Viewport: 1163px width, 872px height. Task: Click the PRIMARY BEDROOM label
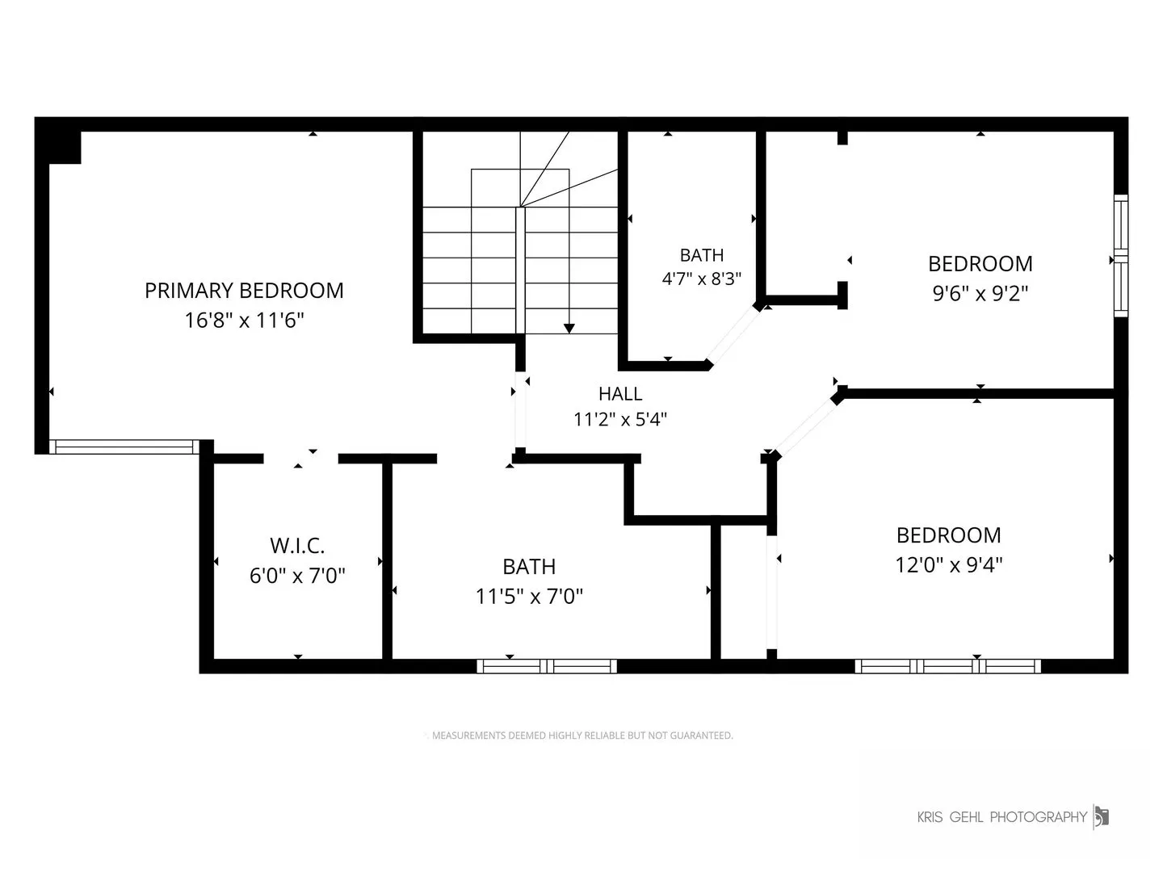pyautogui.click(x=244, y=290)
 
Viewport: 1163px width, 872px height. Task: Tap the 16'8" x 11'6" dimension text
pyautogui.click(x=244, y=320)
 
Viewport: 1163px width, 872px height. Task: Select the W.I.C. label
pyautogui.click(x=297, y=545)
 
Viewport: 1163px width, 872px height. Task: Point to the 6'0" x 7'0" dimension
pyautogui.click(x=297, y=575)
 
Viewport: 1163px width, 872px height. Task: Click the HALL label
pyautogui.click(x=620, y=393)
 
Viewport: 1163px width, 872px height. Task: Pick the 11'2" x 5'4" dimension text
pyautogui.click(x=620, y=419)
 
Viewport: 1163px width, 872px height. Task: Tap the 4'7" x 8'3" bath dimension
pyautogui.click(x=702, y=279)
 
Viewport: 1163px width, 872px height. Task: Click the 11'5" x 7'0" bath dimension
pyautogui.click(x=529, y=596)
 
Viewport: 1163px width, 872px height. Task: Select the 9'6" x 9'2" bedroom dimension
pyautogui.click(x=980, y=293)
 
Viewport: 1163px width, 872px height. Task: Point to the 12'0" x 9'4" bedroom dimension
pyautogui.click(x=948, y=564)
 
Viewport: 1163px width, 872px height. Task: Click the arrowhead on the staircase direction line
pyautogui.click(x=569, y=329)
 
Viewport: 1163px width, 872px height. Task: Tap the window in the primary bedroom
pyautogui.click(x=124, y=446)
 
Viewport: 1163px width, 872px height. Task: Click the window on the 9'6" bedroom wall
pyautogui.click(x=1121, y=256)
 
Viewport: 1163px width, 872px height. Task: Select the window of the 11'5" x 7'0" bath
pyautogui.click(x=547, y=666)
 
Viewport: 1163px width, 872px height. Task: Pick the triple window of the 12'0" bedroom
pyautogui.click(x=948, y=666)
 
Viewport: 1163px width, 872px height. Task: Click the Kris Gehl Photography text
pyautogui.click(x=1002, y=817)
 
